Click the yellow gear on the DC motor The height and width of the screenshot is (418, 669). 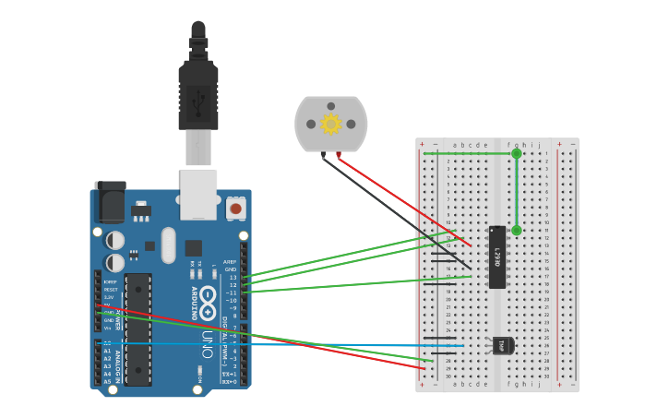point(330,124)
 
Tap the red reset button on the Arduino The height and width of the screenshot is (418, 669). point(235,209)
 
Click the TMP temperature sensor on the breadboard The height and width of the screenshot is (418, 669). point(502,345)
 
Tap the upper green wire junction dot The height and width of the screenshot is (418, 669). point(517,154)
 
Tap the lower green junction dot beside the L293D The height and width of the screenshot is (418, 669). point(517,231)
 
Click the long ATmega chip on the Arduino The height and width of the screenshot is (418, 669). point(137,328)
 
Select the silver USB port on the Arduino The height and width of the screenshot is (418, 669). point(198,194)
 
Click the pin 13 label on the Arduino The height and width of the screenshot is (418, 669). point(233,277)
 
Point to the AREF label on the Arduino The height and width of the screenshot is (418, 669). point(230,262)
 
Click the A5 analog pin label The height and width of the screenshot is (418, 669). point(106,380)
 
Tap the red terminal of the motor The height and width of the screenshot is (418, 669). point(340,154)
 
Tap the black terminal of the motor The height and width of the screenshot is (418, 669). point(322,154)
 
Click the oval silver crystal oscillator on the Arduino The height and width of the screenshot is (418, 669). point(168,245)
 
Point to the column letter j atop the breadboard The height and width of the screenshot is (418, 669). point(540,145)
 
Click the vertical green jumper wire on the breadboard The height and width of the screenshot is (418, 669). point(517,192)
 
